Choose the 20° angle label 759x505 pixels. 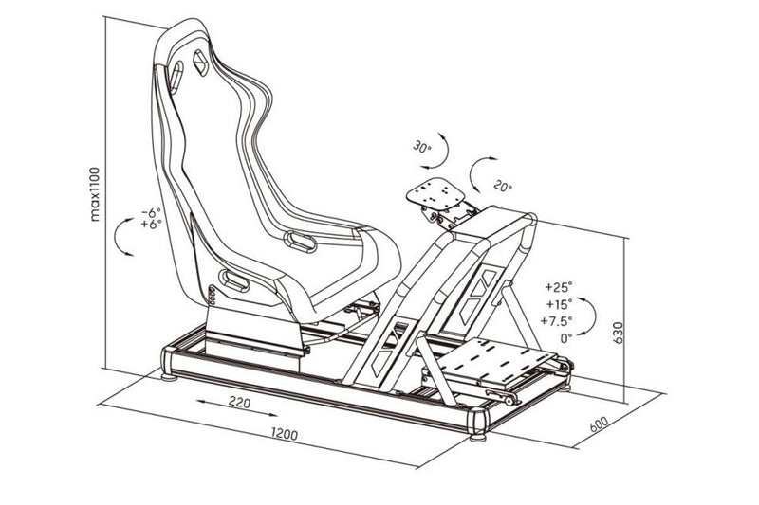pyautogui.click(x=505, y=187)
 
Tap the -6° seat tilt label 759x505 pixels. pyautogui.click(x=151, y=212)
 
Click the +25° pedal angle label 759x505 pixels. pyautogui.click(x=561, y=285)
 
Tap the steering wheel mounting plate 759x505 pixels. pyautogui.click(x=438, y=196)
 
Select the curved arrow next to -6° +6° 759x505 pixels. pyautogui.click(x=123, y=236)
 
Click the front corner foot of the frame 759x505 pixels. pyautogui.click(x=477, y=435)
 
